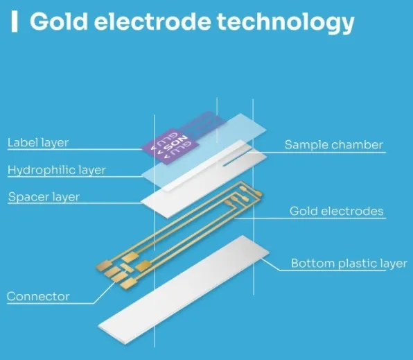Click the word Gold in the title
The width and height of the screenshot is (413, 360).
click(58, 21)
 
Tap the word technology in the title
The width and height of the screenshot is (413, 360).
click(285, 22)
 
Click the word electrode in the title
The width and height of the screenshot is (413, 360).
click(152, 21)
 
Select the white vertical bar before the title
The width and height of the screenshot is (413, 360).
click(15, 22)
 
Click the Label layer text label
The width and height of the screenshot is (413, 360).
click(38, 143)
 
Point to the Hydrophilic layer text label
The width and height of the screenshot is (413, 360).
click(56, 170)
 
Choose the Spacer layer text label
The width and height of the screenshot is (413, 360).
click(44, 197)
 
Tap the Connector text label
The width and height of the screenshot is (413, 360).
click(38, 296)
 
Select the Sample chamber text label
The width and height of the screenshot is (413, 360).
click(334, 145)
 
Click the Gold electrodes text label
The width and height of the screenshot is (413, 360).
click(336, 212)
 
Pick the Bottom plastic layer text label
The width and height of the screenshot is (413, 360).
click(349, 264)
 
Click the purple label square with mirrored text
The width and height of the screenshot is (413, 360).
click(170, 146)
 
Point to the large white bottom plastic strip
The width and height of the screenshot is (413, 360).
click(184, 289)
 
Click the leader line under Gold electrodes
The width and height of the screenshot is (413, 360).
click(310, 218)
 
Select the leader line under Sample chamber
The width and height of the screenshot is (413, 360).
click(316, 153)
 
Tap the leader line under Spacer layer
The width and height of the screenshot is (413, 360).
click(75, 203)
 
